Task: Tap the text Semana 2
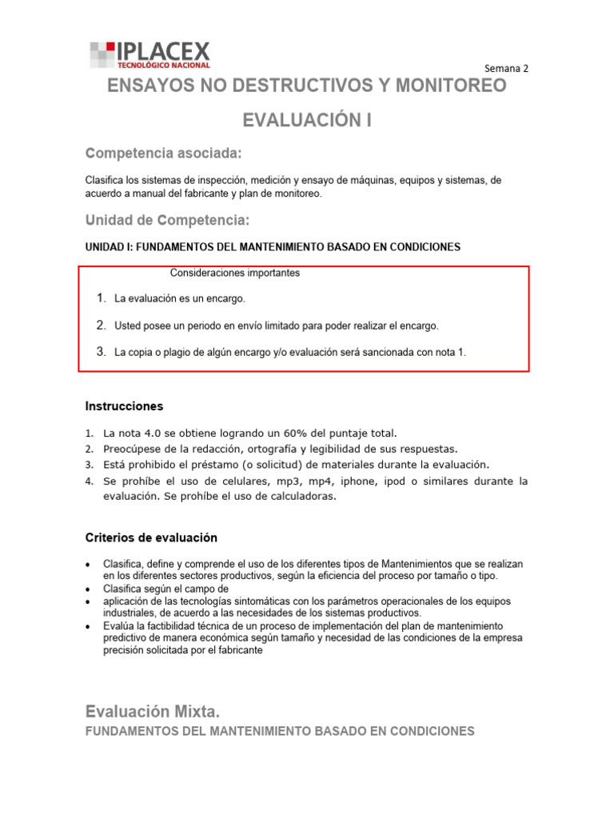(507, 68)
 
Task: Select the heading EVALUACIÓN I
(307, 121)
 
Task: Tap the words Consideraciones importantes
(235, 273)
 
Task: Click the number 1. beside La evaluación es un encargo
(101, 298)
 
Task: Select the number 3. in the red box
(101, 351)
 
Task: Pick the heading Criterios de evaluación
(151, 537)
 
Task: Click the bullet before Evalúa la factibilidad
(87, 625)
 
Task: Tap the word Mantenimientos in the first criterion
(409, 564)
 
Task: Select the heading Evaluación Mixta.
(152, 712)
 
